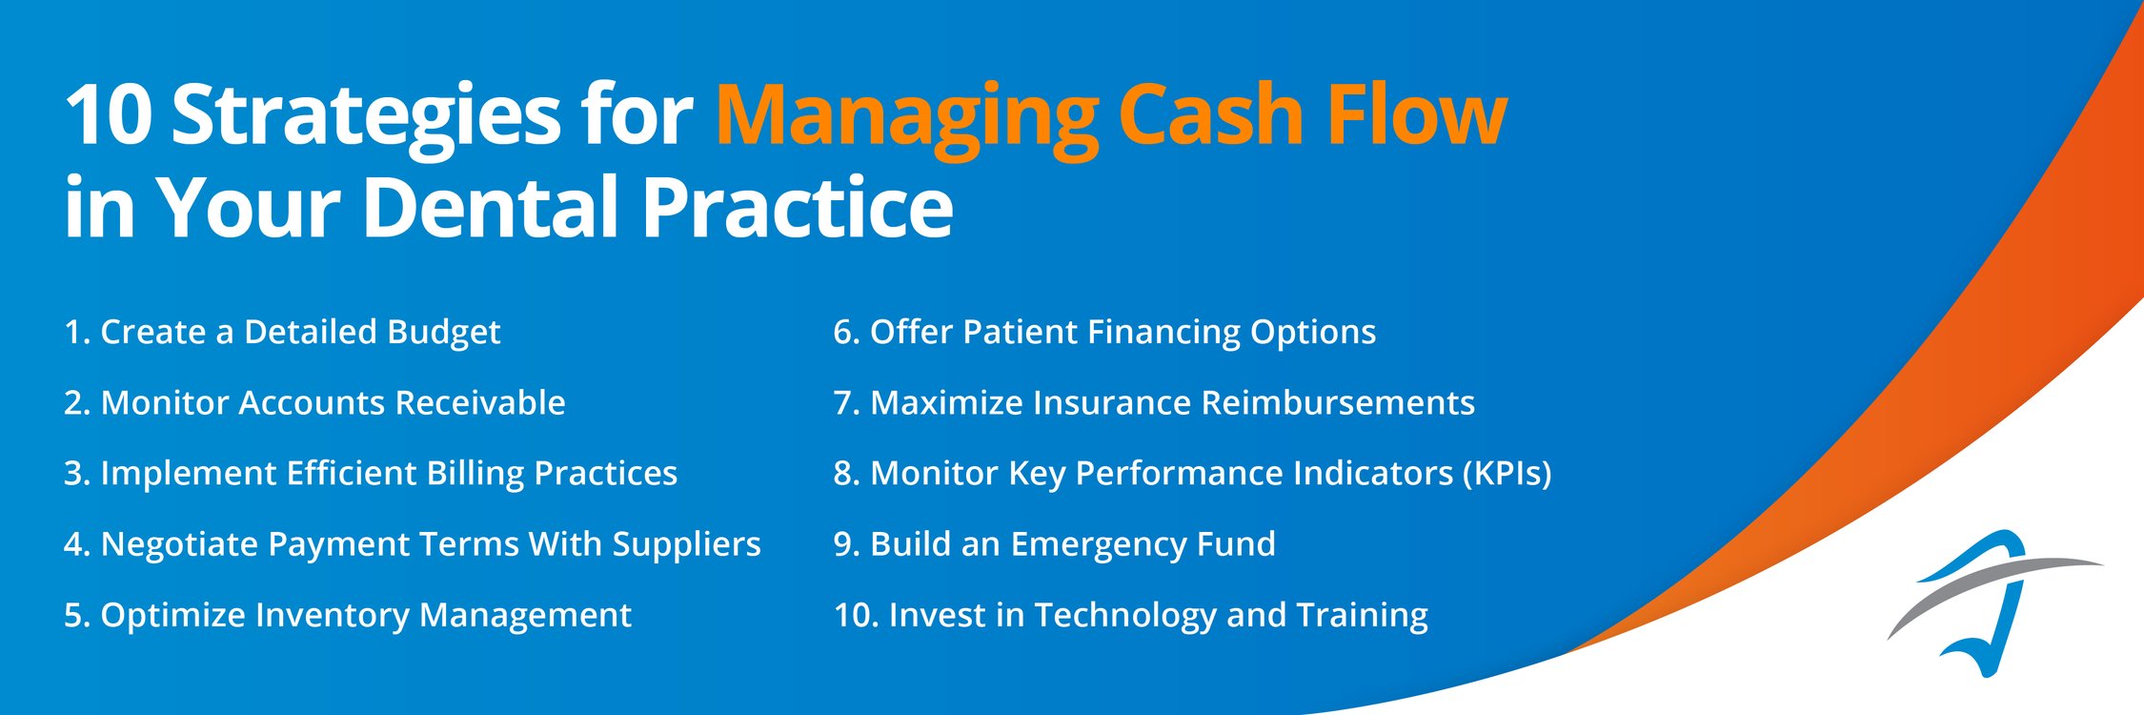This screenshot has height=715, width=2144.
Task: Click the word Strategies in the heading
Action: point(366,116)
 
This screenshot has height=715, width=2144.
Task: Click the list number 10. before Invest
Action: point(855,615)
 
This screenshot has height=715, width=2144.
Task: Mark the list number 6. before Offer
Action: point(846,332)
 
